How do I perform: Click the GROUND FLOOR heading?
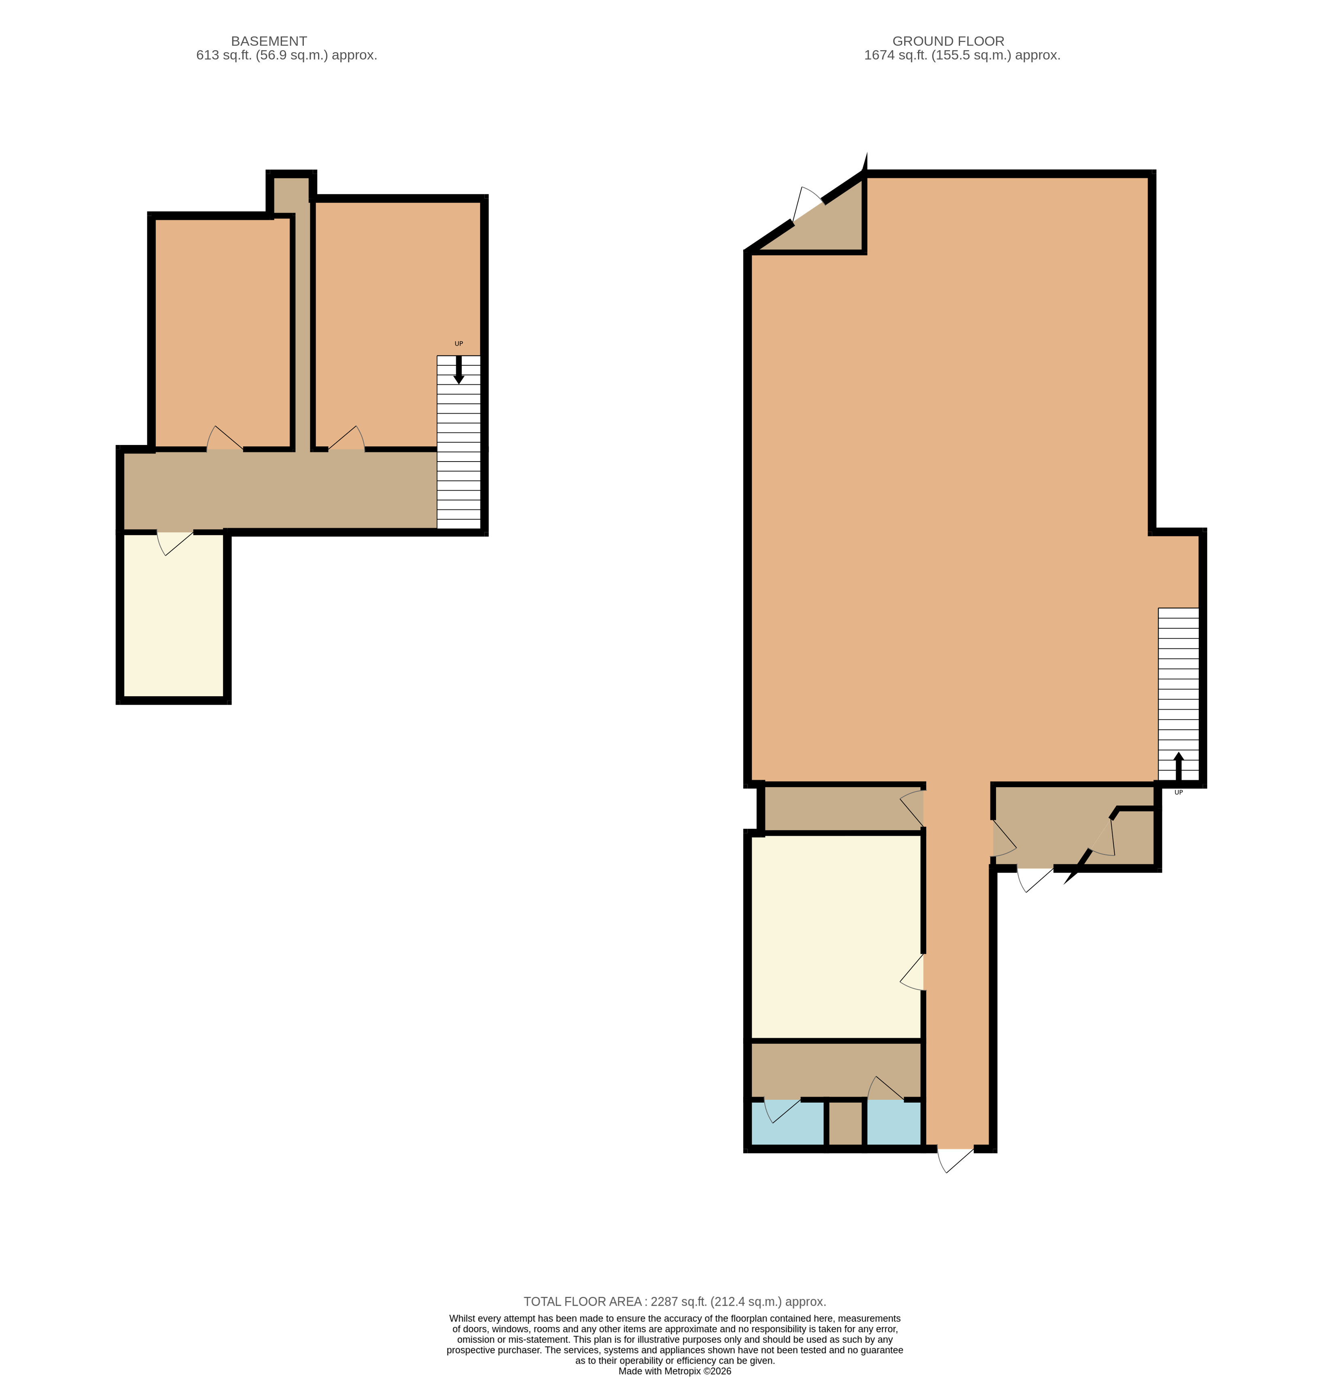tap(948, 41)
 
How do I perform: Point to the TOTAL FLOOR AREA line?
tap(674, 1302)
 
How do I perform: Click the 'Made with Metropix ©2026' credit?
tap(674, 1371)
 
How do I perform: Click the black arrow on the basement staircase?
tap(459, 370)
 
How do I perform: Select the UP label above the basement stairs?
tap(459, 343)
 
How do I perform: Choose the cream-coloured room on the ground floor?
tap(836, 936)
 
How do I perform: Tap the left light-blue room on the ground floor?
tap(788, 1123)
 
